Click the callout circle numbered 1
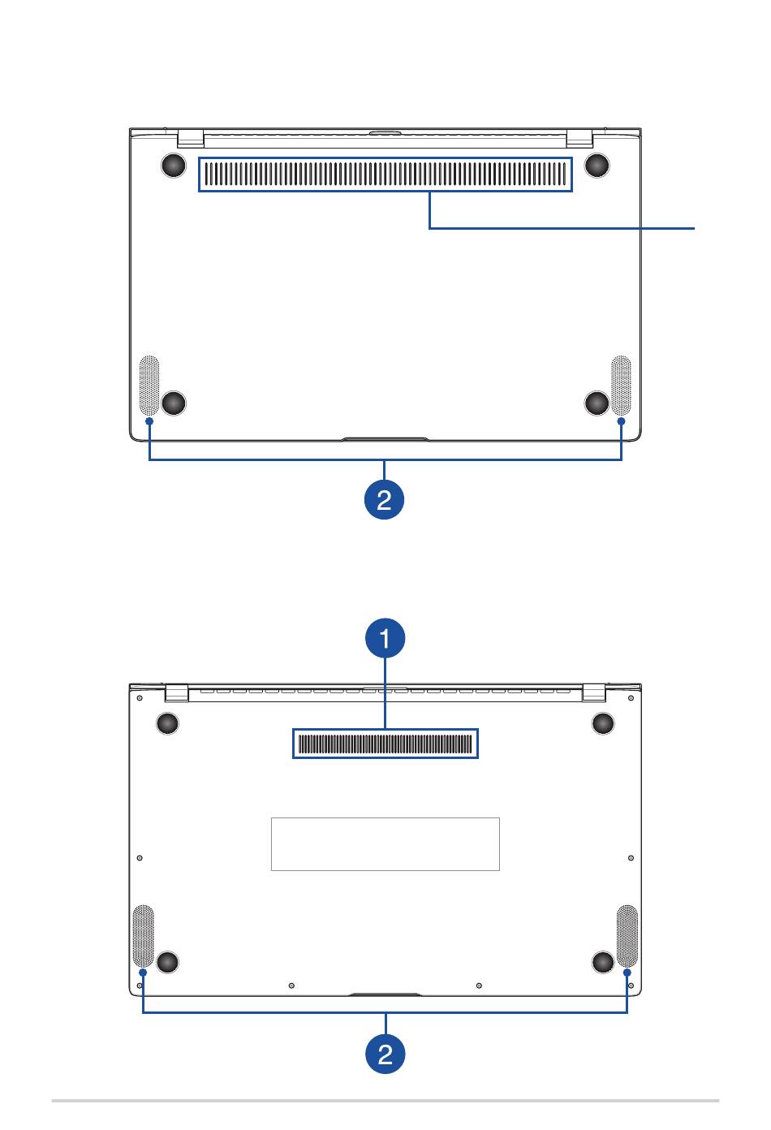385,637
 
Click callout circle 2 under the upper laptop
384,499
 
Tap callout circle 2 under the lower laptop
385,1054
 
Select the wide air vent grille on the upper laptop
385,175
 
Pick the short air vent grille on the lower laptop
385,744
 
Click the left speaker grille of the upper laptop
149,386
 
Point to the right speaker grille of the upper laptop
621,386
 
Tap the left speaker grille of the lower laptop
143,936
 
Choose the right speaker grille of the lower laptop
627,936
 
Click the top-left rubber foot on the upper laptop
174,165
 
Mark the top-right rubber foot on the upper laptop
597,165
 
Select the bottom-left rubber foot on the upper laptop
174,403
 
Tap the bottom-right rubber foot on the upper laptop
597,403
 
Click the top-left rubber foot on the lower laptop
167,723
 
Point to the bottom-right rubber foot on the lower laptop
602,962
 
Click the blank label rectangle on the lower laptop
385,844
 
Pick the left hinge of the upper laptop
191,138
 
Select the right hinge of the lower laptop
594,692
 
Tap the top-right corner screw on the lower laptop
631,698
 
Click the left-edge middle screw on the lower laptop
139,857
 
